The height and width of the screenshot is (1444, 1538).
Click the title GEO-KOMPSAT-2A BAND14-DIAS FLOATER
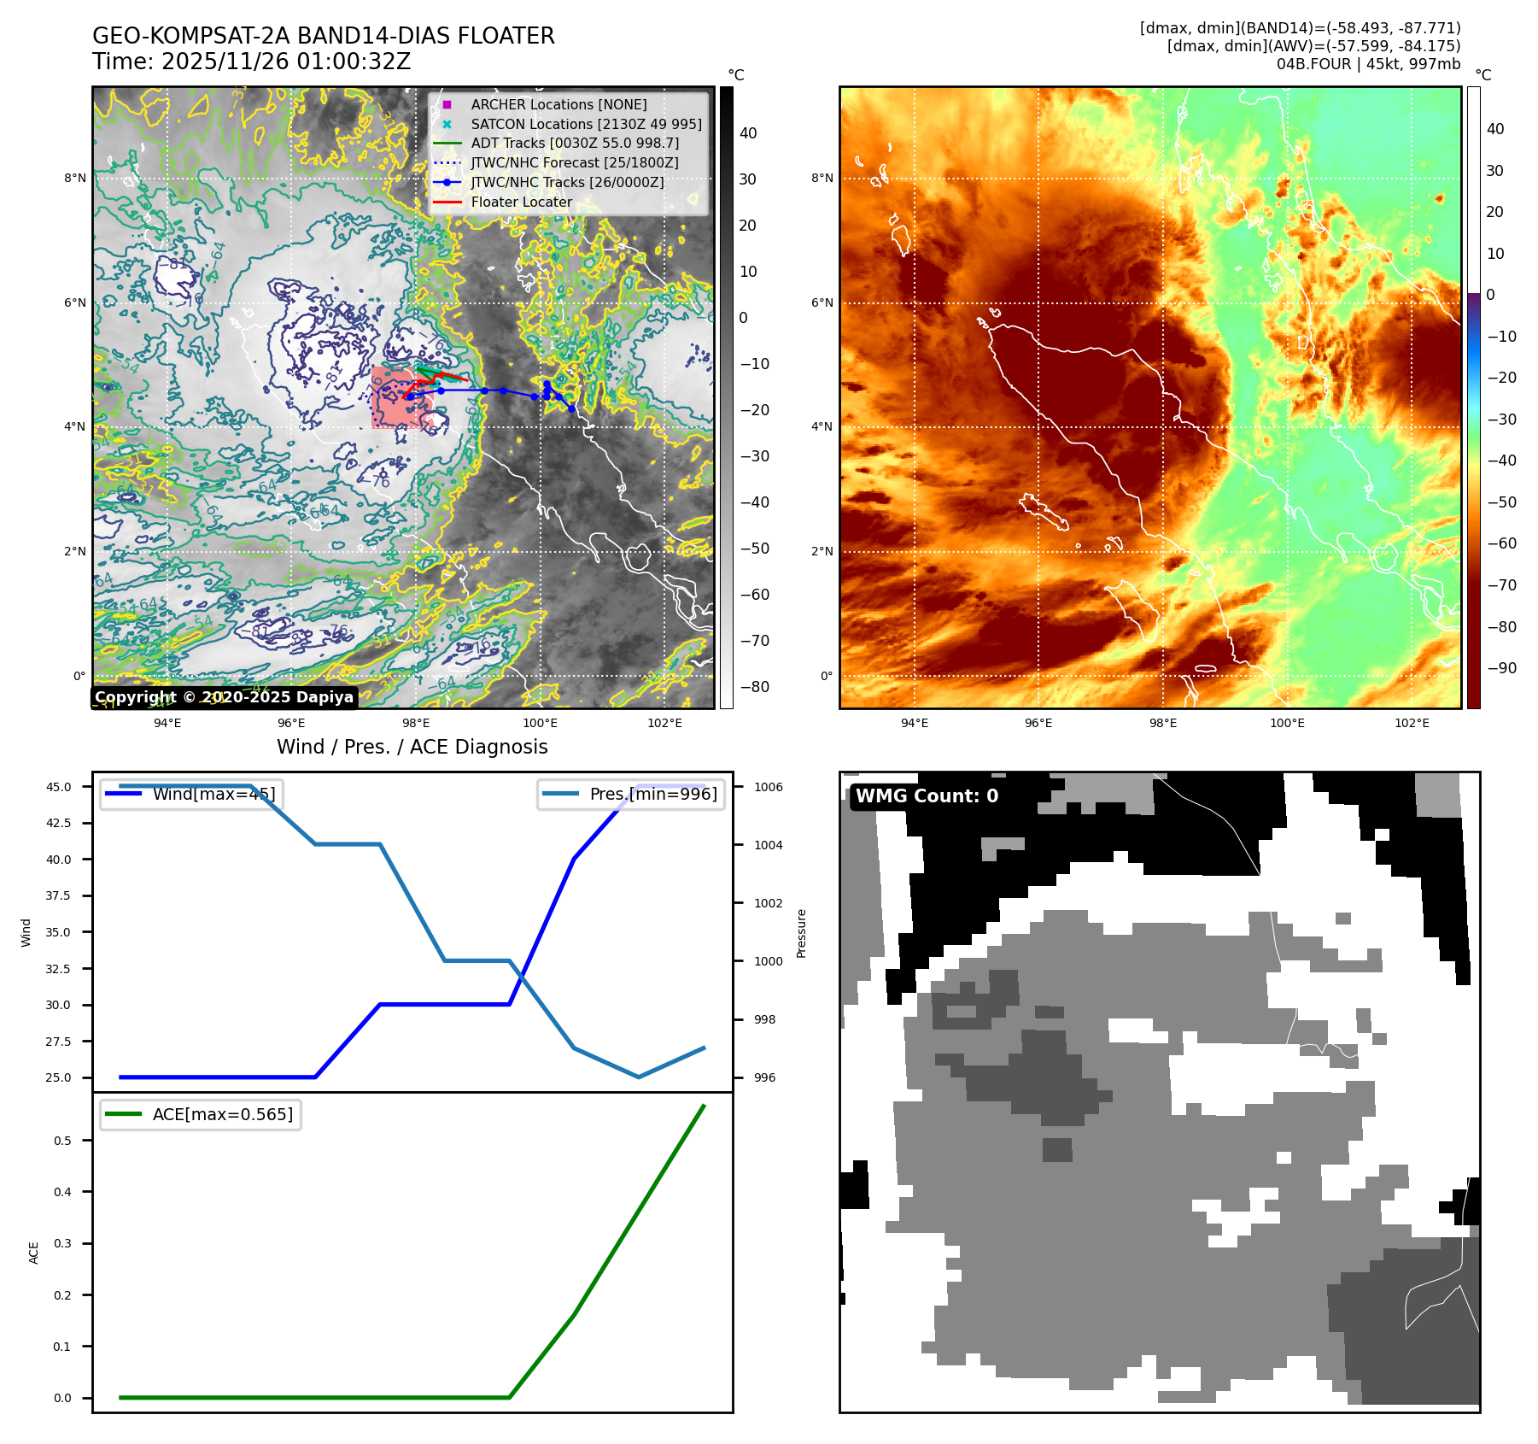point(323,36)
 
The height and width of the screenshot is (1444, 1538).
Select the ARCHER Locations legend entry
point(558,104)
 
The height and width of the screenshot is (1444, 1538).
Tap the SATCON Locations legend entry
point(586,124)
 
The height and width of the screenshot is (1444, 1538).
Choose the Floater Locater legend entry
point(521,202)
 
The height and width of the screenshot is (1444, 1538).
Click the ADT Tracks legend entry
point(575,143)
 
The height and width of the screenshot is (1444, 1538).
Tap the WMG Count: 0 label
point(927,795)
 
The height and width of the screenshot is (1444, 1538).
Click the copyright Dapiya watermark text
point(224,697)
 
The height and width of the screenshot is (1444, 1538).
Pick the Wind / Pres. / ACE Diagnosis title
point(412,747)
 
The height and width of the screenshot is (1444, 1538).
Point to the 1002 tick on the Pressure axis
point(768,903)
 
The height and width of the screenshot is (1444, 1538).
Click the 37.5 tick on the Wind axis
point(58,895)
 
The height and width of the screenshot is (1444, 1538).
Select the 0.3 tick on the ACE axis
point(62,1243)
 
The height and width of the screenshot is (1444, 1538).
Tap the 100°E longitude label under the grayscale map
point(540,723)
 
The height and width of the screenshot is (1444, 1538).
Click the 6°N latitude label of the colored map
point(822,302)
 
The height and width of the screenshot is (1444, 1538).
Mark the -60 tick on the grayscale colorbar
point(754,595)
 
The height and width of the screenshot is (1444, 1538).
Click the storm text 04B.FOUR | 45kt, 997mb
point(1368,64)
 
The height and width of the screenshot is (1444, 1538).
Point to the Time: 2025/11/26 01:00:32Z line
point(252,62)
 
